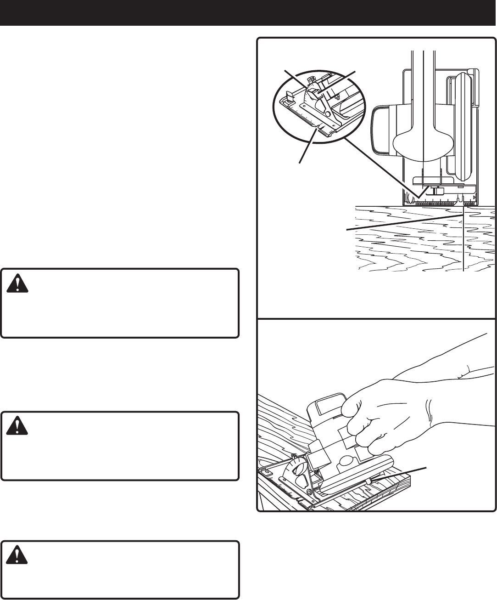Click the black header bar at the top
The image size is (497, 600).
coord(248,12)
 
